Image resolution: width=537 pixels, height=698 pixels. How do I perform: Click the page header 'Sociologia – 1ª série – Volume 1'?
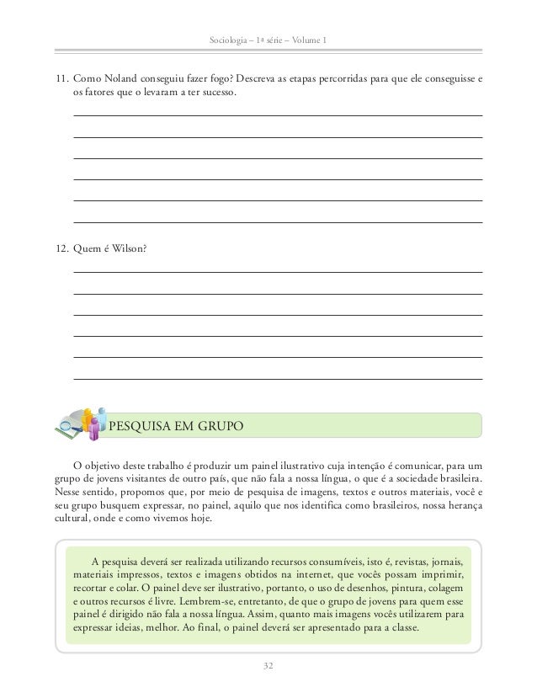pyautogui.click(x=268, y=41)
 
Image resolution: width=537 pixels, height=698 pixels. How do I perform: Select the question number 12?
pyautogui.click(x=61, y=248)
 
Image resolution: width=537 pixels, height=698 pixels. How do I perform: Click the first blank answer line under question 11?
pyautogui.click(x=278, y=115)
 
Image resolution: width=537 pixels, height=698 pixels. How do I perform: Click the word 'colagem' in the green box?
pyautogui.click(x=443, y=589)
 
